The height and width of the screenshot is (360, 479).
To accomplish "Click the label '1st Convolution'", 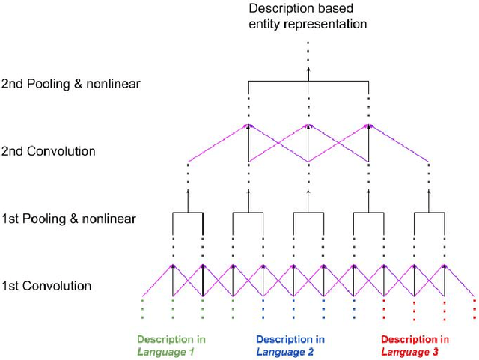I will click(x=46, y=286).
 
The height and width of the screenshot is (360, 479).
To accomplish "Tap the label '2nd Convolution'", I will click(x=49, y=151).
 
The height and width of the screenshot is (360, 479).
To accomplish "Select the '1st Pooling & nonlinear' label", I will click(x=69, y=219).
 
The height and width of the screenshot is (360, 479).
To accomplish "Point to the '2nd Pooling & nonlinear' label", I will click(x=71, y=83).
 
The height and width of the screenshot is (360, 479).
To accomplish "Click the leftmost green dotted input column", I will click(x=143, y=309).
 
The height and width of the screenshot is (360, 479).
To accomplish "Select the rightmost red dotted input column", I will click(x=475, y=309).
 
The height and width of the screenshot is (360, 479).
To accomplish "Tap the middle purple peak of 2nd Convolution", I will click(x=308, y=126).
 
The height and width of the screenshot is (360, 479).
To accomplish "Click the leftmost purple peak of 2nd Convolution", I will click(x=248, y=126).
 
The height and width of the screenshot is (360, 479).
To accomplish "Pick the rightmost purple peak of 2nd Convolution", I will click(x=368, y=126).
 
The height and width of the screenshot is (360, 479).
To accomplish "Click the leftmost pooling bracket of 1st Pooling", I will click(x=188, y=213).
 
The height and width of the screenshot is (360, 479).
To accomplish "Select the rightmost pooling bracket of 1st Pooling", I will click(x=429, y=213).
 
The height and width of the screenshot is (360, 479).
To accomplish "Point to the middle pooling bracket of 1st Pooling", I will click(x=308, y=213).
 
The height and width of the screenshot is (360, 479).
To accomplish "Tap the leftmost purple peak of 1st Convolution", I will click(x=173, y=266).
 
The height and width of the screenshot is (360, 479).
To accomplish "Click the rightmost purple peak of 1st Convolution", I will click(x=444, y=266).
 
